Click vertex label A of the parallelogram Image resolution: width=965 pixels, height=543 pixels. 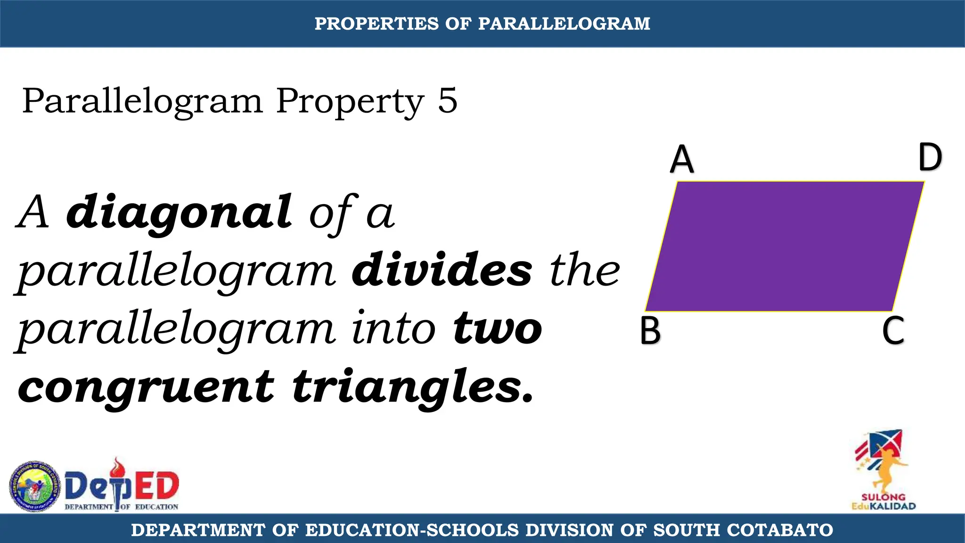point(682,160)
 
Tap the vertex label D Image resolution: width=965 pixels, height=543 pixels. point(930,157)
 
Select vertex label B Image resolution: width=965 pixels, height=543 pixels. point(650,331)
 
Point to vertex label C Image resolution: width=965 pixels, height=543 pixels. point(893,331)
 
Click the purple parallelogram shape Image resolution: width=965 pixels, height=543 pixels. point(785,246)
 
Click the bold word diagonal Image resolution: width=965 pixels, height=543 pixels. point(179,212)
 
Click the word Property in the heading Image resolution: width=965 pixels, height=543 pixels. point(350,101)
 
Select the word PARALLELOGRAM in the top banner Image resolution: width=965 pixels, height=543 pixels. point(564,24)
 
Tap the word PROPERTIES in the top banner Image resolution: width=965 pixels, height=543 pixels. point(376,24)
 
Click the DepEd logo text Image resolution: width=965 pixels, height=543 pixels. point(122,487)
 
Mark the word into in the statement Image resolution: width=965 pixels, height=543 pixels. point(394,329)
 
